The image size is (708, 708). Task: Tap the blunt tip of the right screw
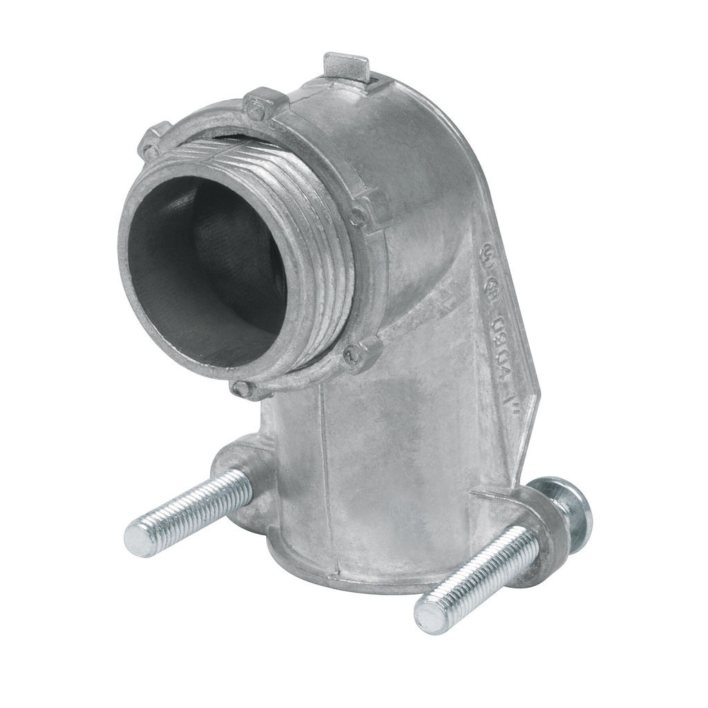point(429,613)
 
